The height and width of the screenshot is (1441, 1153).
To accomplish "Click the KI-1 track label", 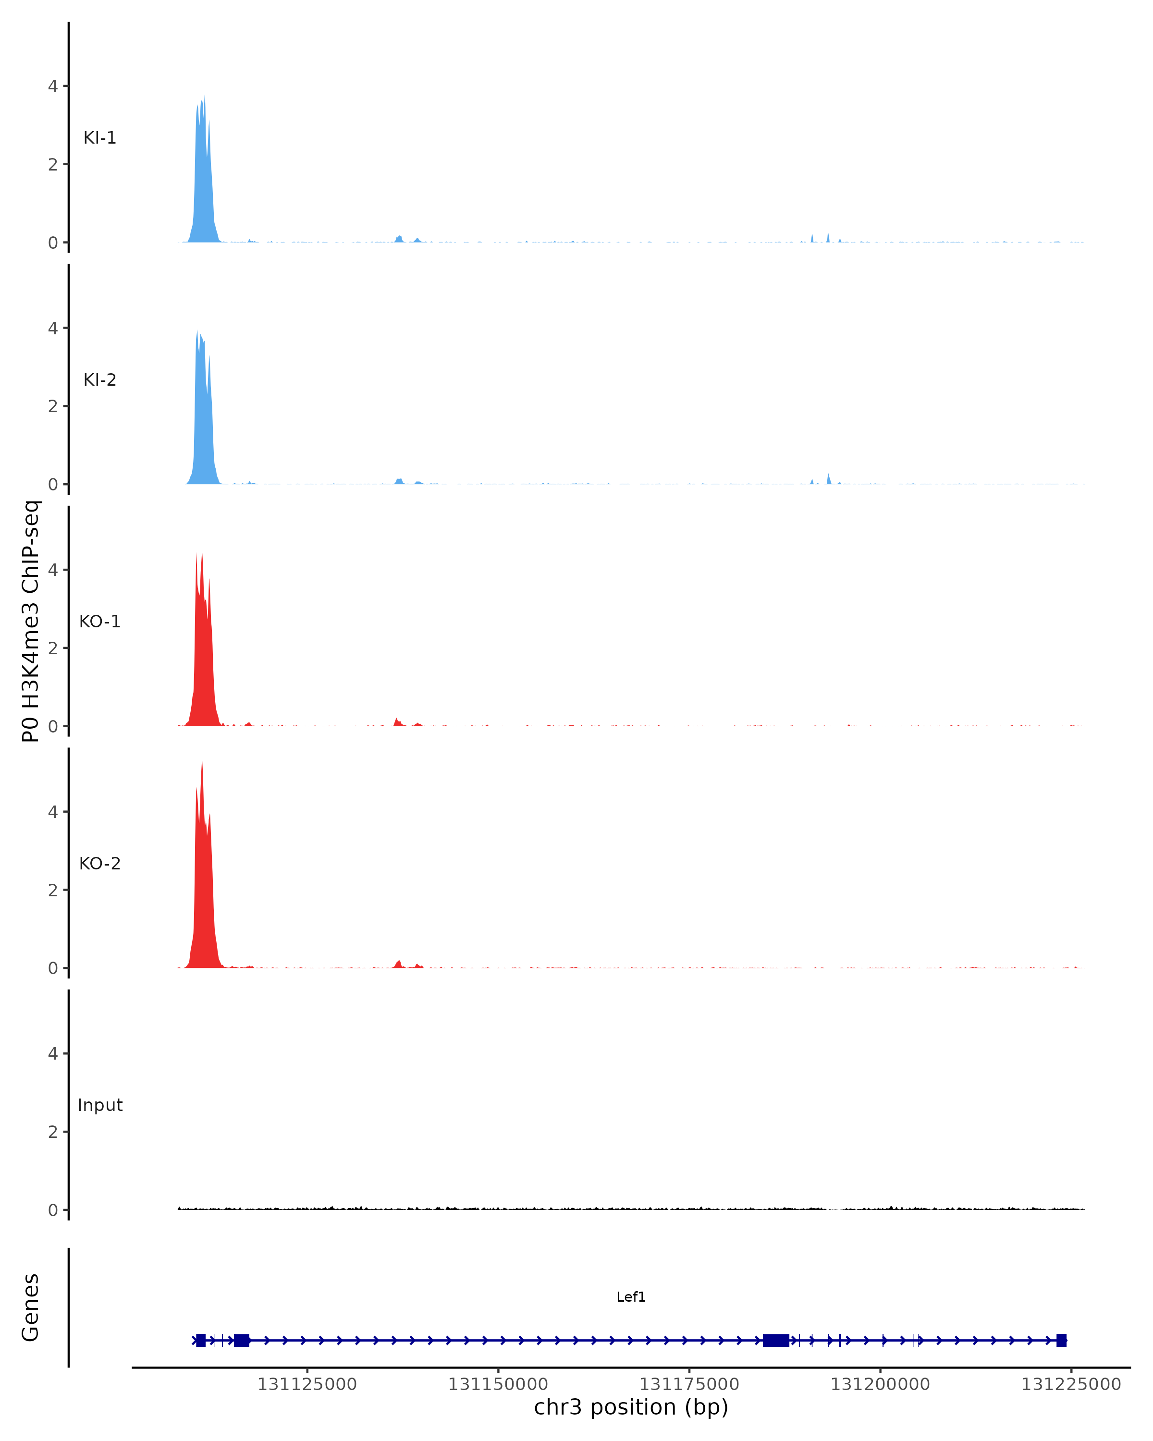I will (99, 138).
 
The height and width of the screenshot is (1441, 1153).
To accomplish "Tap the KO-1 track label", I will (99, 622).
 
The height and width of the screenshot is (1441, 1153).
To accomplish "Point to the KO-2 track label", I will (99, 864).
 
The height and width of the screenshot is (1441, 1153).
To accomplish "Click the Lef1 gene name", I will (630, 1297).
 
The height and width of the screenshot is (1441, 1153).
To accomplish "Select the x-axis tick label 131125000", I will (307, 1384).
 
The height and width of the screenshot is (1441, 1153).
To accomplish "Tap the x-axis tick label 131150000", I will (498, 1384).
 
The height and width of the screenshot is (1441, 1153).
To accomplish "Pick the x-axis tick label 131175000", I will (689, 1384).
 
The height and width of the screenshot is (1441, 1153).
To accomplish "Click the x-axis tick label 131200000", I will (880, 1384).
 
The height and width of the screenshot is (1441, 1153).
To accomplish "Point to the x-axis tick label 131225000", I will (1071, 1384).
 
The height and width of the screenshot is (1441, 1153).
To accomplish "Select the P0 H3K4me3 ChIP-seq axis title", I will (31, 621).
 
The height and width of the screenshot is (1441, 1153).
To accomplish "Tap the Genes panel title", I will (31, 1307).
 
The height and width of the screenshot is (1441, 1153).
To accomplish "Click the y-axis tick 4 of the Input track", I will (53, 1054).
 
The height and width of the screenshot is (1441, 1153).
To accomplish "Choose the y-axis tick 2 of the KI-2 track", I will (53, 406).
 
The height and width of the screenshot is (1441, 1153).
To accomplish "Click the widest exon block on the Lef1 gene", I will (775, 1340).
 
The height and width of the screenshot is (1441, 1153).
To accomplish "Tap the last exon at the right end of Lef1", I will (1061, 1340).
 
